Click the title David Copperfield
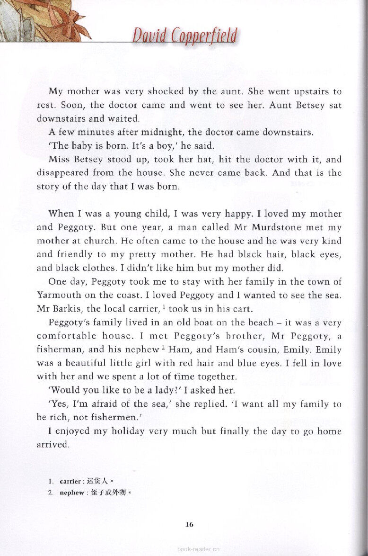pos(184,36)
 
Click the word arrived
pos(53,445)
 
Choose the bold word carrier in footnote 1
pos(70,482)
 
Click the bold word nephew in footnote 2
pos(72,493)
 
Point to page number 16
pos(189,524)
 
